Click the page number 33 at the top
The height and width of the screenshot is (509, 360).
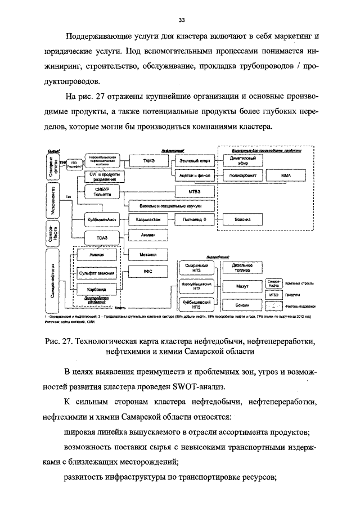coord(182,20)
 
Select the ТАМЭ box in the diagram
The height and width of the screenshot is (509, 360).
coord(148,160)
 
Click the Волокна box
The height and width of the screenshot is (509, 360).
coord(243,219)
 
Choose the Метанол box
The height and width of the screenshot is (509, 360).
coord(148,255)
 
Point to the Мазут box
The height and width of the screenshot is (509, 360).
coord(243,286)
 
